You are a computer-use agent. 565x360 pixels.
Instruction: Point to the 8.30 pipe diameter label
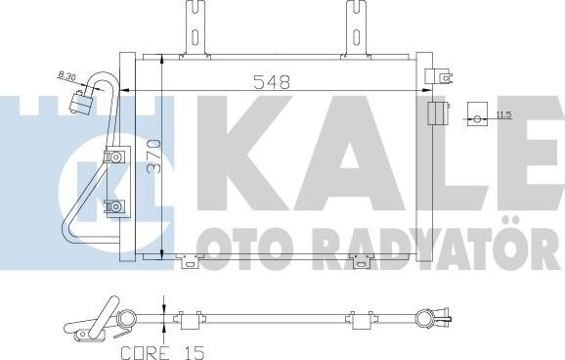tap(68, 74)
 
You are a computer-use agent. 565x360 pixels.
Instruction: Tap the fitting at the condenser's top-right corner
tap(442, 75)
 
